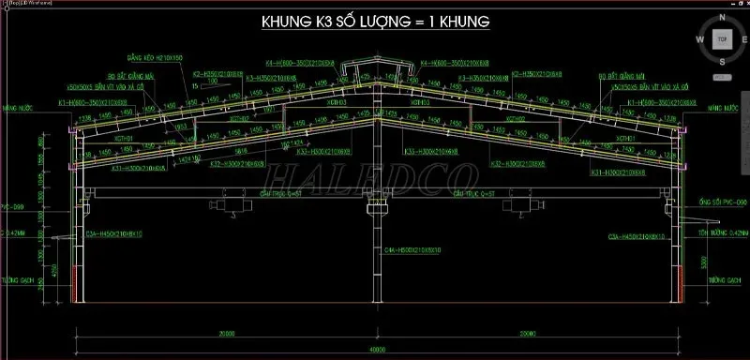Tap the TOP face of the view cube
(721, 39)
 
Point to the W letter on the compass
(699, 39)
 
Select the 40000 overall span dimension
(375, 349)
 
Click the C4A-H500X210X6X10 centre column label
(413, 250)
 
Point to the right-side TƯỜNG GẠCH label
(720, 279)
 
